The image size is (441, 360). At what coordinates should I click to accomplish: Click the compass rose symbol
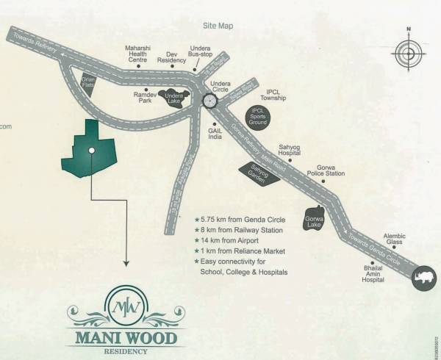pyautogui.click(x=409, y=52)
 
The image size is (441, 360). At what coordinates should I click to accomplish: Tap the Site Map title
pyautogui.click(x=218, y=26)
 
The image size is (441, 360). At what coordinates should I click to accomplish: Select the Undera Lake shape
pyautogui.click(x=174, y=98)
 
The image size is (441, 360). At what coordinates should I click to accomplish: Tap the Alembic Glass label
pyautogui.click(x=393, y=239)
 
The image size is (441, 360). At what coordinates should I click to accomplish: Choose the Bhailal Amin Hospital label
pyautogui.click(x=373, y=274)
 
